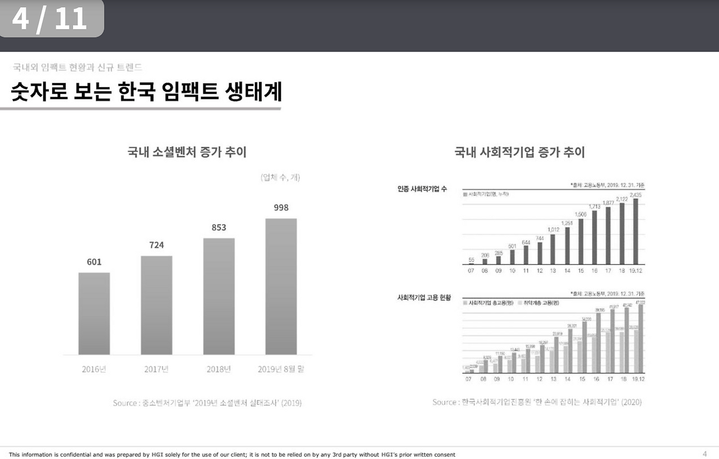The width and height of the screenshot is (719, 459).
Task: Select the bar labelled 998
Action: [281, 287]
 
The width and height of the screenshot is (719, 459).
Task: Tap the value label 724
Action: [157, 245]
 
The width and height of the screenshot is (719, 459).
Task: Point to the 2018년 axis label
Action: [219, 369]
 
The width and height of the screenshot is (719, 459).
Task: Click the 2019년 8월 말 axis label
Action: [281, 369]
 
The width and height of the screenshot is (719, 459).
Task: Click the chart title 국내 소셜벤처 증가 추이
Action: [187, 152]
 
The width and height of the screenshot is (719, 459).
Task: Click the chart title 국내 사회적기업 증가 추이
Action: [520, 152]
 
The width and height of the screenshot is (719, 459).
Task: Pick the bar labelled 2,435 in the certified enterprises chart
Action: [636, 231]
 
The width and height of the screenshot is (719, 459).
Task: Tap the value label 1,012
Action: [553, 229]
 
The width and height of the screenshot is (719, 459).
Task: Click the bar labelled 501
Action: [512, 257]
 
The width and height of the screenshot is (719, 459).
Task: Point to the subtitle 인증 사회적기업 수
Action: [422, 189]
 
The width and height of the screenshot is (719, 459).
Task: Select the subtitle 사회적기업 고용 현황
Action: [424, 297]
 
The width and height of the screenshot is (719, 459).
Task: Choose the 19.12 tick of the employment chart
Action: [637, 379]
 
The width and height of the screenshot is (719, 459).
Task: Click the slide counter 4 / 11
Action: [50, 19]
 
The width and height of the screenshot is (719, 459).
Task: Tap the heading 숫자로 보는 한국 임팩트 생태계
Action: [146, 92]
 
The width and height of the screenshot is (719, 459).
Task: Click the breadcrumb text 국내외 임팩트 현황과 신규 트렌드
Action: [78, 67]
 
